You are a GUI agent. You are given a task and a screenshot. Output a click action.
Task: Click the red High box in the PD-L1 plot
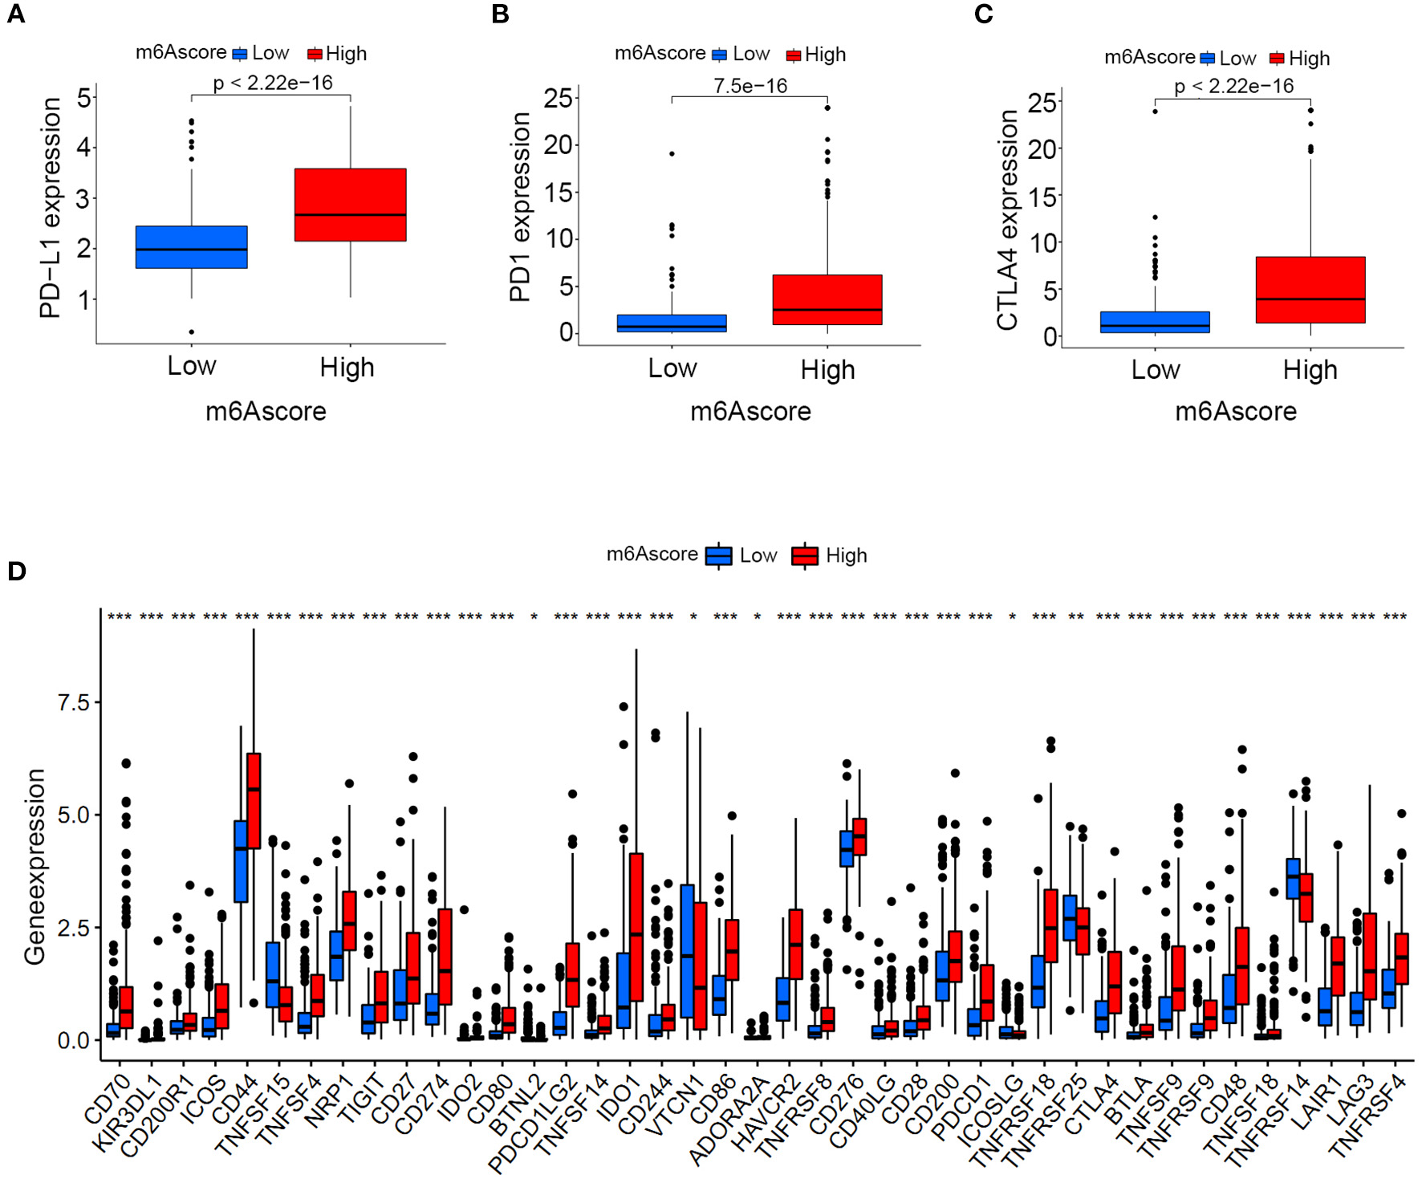[x=350, y=204]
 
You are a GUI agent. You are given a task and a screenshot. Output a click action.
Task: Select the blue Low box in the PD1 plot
[x=672, y=323]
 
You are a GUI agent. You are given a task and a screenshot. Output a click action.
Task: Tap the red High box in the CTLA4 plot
[x=1310, y=290]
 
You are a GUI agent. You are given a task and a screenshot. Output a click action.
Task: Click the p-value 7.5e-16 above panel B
[x=750, y=86]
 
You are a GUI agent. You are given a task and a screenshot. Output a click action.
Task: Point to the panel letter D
[x=17, y=571]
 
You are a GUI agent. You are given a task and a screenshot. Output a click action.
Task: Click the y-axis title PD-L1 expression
[x=51, y=208]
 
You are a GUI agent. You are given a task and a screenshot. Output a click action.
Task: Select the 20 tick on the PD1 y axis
[x=558, y=145]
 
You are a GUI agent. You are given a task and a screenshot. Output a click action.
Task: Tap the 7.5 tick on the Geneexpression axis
[x=74, y=703]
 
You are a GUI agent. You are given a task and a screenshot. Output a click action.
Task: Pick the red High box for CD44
[x=254, y=800]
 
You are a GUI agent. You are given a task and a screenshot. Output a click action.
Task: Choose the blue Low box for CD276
[x=846, y=848]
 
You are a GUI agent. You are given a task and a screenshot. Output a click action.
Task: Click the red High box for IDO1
[x=636, y=927]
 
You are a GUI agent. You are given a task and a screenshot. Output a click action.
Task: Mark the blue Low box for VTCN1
[x=687, y=951]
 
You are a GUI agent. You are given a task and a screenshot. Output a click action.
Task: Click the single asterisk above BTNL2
[x=534, y=617]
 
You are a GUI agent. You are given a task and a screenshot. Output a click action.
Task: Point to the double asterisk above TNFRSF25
[x=1076, y=617]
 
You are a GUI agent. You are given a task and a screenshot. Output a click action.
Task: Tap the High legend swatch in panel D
[x=804, y=555]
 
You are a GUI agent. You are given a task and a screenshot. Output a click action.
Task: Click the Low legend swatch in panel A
[x=240, y=54]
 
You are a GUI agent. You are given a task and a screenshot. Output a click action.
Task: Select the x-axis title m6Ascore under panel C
[x=1235, y=412]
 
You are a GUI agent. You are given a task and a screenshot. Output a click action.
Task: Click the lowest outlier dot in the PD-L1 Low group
[x=192, y=331]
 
